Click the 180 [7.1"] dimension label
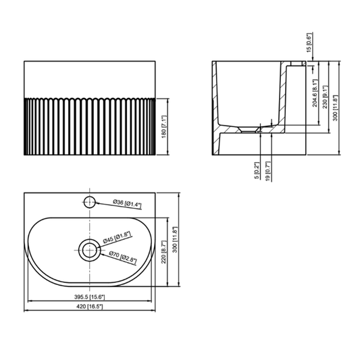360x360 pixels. tap(164, 125)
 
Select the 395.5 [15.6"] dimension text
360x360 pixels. tap(88, 297)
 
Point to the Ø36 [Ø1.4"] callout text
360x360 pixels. tap(126, 203)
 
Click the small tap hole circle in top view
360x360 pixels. tap(89, 201)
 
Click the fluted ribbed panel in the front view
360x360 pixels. tap(92, 125)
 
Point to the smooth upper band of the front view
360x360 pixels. tap(92, 79)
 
